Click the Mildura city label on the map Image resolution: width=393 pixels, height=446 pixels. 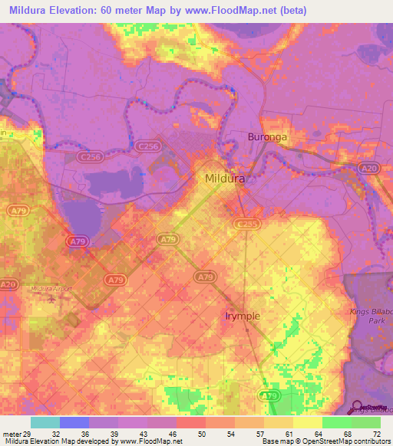225,179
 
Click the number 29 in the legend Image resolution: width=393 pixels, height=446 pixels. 31,434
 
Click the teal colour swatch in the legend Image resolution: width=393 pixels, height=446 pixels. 45,422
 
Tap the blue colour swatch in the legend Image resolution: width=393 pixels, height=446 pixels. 74,422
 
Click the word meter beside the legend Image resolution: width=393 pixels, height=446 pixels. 13,434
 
